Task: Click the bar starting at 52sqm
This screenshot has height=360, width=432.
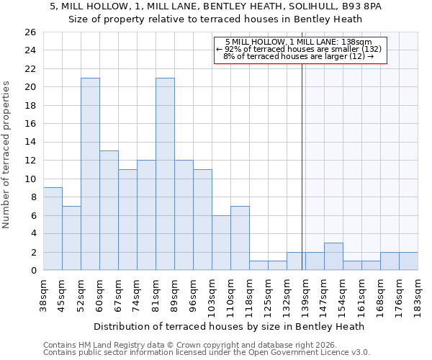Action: click(x=90, y=174)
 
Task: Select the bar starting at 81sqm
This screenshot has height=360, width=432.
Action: click(x=165, y=174)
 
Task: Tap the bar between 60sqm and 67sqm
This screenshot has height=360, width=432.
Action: click(x=109, y=210)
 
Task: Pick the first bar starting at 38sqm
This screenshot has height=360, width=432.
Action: click(x=53, y=229)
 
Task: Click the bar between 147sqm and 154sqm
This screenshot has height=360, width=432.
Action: click(x=333, y=256)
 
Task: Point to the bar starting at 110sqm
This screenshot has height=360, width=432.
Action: click(x=240, y=238)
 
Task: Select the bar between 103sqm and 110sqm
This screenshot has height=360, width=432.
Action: click(x=221, y=243)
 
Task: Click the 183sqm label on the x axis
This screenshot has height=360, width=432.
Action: click(x=418, y=294)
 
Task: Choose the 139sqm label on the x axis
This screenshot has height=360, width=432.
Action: click(x=305, y=294)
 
